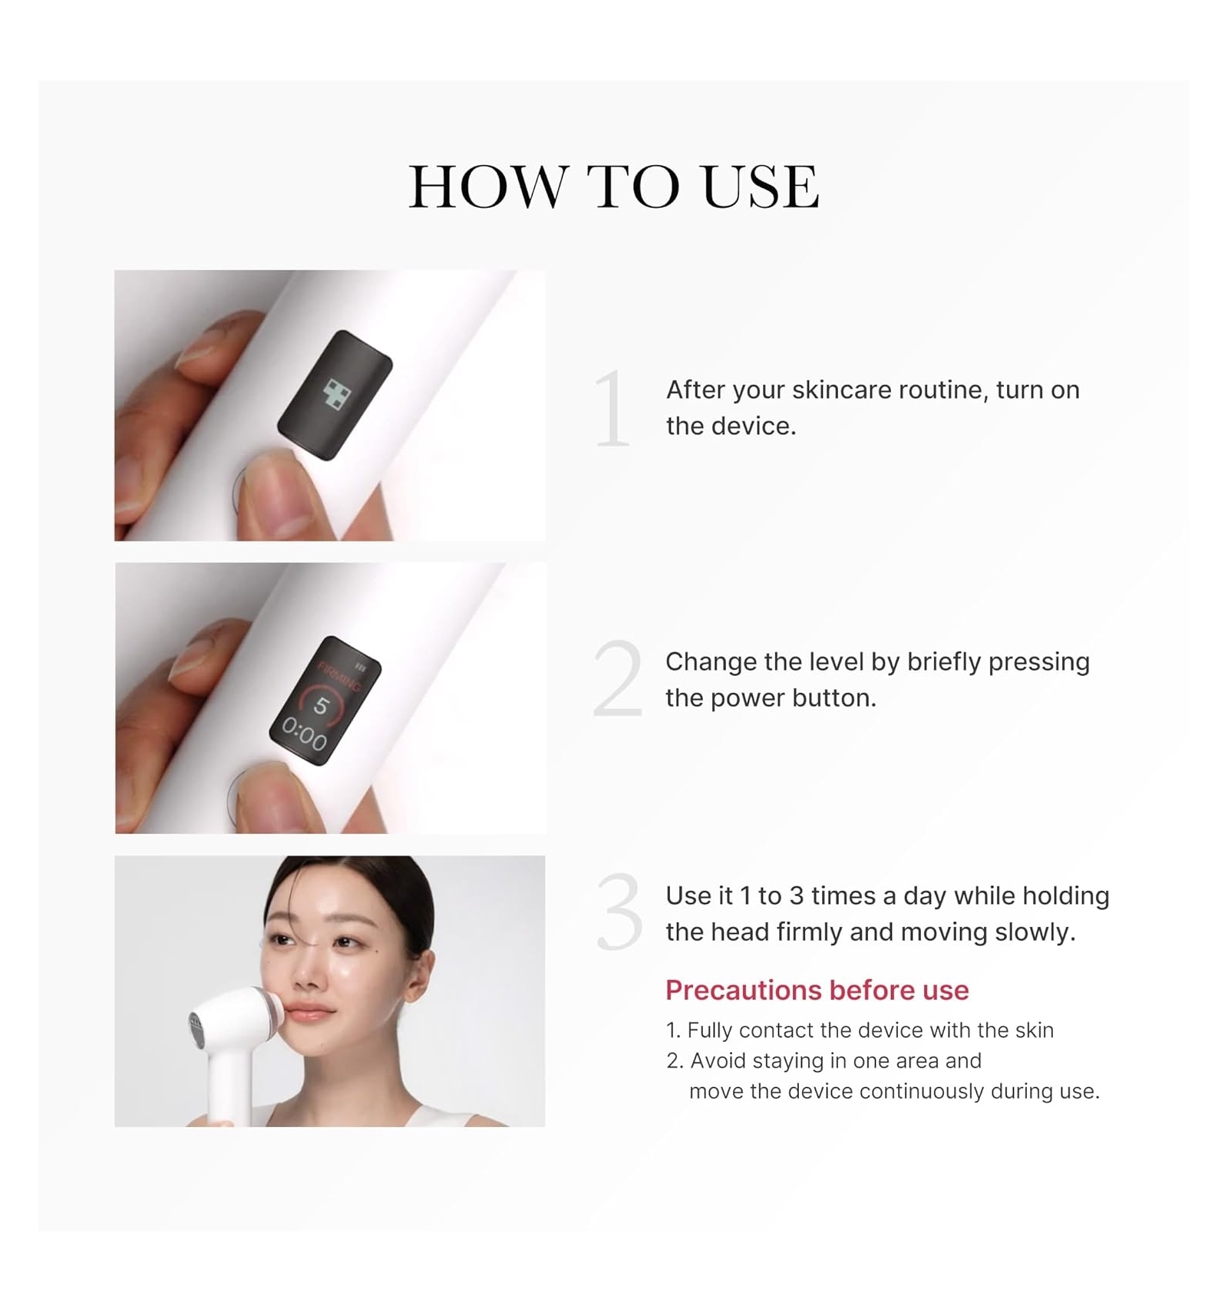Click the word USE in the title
761,186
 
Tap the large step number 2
617,678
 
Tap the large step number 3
619,911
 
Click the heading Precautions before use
817,990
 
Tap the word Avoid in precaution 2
718,1060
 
